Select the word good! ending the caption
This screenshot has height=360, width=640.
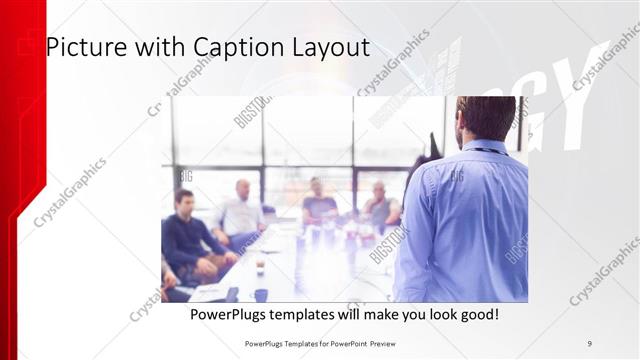(x=477, y=315)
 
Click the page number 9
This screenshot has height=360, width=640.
(x=589, y=343)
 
